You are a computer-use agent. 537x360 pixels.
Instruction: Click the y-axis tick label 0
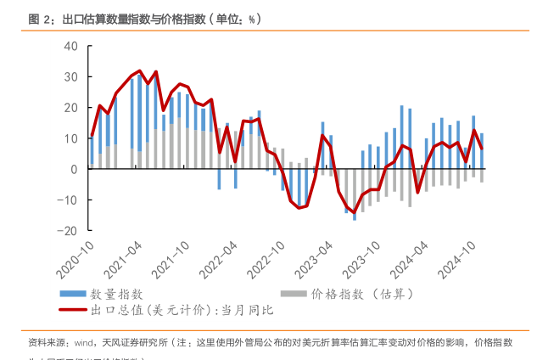coord(75,169)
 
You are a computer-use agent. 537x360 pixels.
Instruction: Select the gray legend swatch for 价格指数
coord(293,294)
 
